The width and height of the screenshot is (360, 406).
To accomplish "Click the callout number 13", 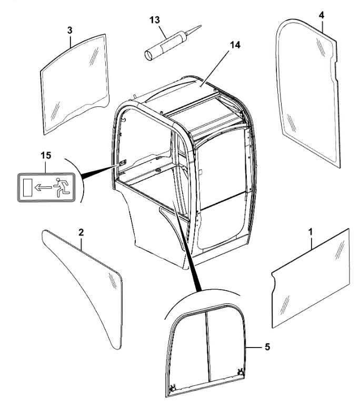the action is [155, 20].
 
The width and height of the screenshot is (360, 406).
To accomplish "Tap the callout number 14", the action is [235, 45].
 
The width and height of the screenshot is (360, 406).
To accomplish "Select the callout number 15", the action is [46, 156].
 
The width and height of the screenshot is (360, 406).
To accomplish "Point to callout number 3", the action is [70, 31].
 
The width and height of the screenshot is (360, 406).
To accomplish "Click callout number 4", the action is [321, 15].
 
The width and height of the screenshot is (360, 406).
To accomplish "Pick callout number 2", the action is [81, 232].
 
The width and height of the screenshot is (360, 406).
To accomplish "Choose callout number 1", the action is [311, 232].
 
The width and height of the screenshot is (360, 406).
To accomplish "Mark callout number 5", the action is [267, 346].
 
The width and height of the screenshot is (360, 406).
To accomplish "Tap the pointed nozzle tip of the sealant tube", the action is [201, 26].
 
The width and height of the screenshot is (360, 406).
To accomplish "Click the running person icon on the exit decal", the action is [61, 187].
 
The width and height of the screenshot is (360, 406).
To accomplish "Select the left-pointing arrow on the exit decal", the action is [43, 187].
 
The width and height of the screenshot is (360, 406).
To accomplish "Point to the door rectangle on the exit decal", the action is [27, 187].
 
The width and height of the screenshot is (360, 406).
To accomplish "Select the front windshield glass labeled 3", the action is [75, 84].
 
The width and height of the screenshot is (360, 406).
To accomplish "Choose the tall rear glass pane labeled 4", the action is [308, 93].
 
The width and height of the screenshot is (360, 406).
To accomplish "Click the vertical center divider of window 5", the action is [208, 346].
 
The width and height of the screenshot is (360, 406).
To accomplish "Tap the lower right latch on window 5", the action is [241, 372].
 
